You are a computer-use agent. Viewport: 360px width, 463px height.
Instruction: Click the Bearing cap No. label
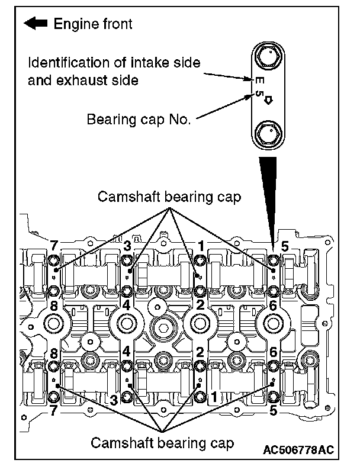[x=139, y=119]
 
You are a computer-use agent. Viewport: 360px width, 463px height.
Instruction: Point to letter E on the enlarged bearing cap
[x=259, y=79]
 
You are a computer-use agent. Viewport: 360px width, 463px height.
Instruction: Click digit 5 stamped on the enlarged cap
[x=259, y=94]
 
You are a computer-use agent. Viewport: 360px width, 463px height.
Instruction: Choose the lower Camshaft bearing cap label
[x=162, y=442]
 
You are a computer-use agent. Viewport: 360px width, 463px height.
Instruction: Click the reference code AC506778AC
[x=304, y=443]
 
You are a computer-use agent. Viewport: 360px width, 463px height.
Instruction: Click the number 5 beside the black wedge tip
[x=285, y=246]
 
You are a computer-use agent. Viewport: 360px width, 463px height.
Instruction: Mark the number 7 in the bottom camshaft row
[x=55, y=409]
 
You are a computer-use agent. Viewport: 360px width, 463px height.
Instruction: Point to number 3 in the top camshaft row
[x=127, y=245]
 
